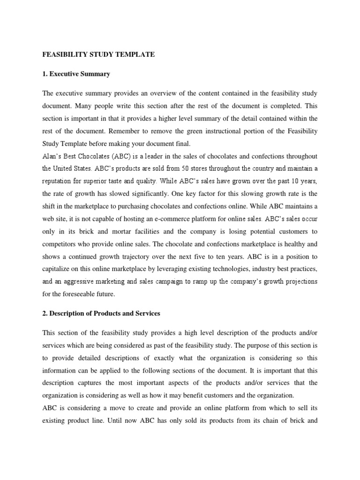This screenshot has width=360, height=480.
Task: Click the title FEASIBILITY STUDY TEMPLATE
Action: click(98, 55)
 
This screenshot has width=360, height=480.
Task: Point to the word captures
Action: click(91, 383)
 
